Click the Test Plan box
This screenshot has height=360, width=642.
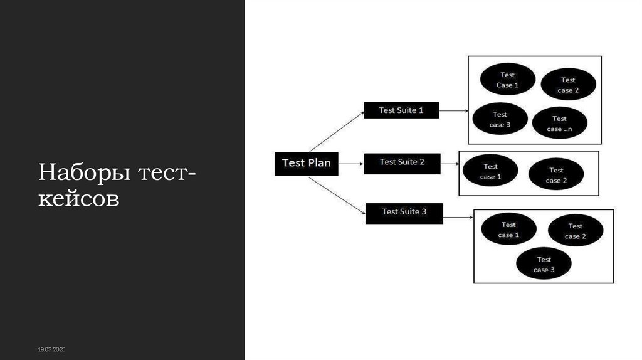point(306,163)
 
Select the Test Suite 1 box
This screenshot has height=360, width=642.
point(401,110)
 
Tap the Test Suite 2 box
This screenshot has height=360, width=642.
point(402,162)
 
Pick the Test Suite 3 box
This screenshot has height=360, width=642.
point(404,212)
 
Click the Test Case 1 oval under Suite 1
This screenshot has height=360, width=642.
point(507,80)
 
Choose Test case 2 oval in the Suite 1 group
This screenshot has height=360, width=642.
point(568,85)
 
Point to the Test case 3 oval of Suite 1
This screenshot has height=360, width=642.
point(499,119)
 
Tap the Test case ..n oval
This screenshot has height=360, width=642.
point(559,124)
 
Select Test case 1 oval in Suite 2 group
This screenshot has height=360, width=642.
point(490,171)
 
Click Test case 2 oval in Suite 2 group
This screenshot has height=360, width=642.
point(556,175)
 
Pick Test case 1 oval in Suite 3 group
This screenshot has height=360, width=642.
point(508,230)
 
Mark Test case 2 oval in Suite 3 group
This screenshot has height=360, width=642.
point(576,231)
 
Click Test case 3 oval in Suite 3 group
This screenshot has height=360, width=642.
point(544,264)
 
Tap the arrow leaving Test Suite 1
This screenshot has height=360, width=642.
point(453,111)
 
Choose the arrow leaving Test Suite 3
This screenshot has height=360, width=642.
point(458,217)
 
